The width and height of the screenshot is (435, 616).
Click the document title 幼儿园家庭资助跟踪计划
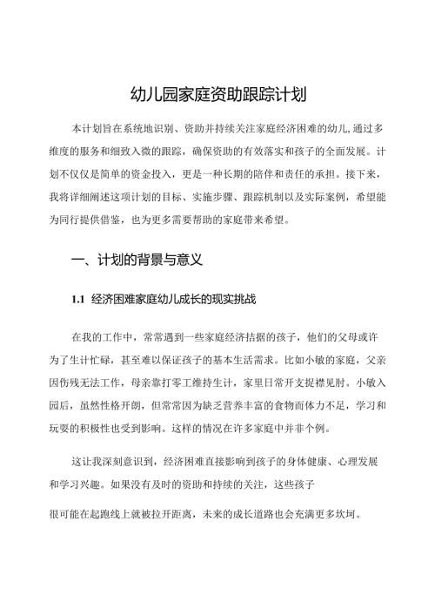click(x=217, y=94)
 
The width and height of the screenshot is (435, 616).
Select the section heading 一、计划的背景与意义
click(x=137, y=260)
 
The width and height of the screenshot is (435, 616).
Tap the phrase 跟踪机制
click(x=260, y=196)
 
